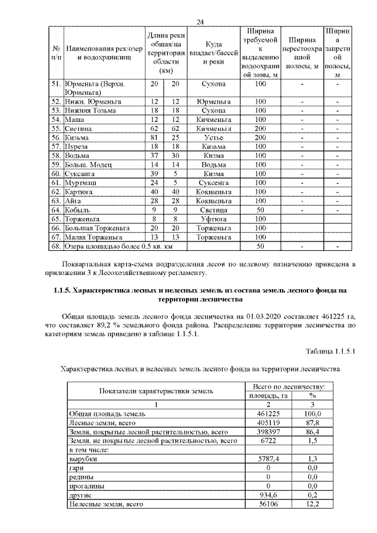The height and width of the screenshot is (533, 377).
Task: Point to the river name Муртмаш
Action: [82, 182]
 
